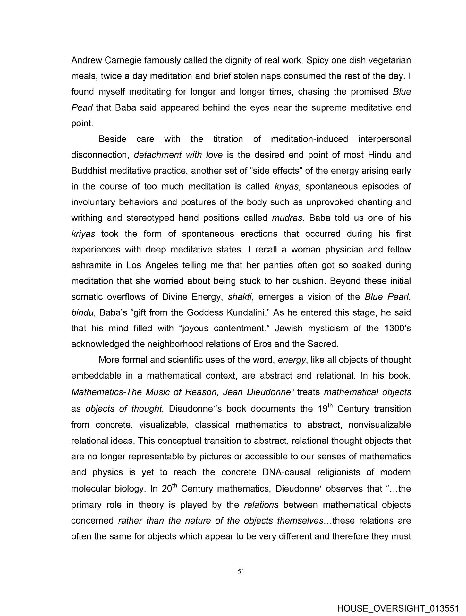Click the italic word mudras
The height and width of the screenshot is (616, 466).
287,218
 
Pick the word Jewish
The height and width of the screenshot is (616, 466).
286,328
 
